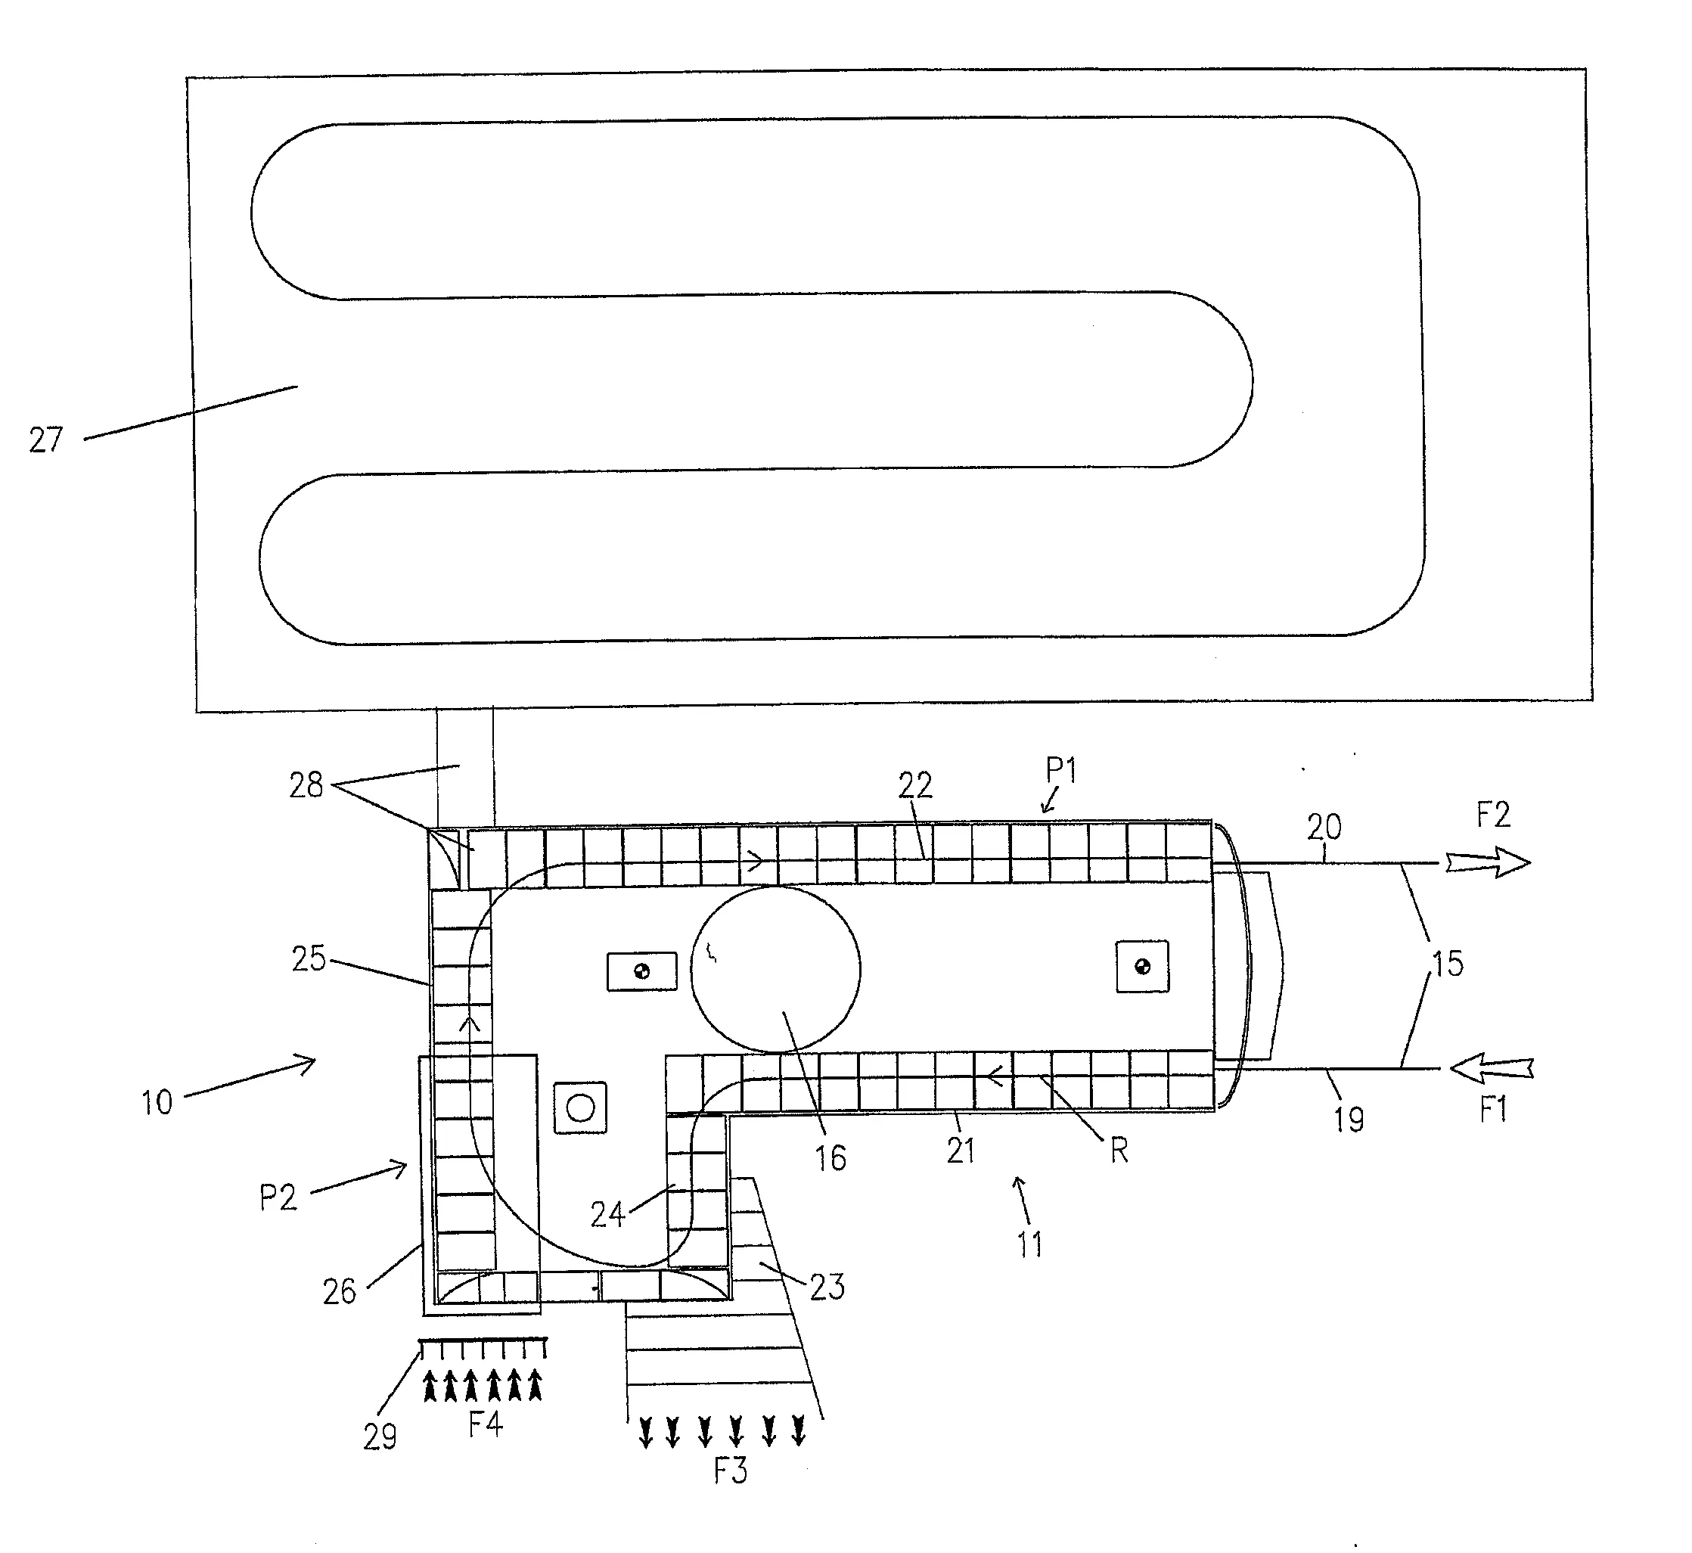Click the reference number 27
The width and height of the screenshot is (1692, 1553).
45,440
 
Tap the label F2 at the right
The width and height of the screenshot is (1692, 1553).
1493,815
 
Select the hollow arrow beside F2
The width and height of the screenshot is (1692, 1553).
1487,863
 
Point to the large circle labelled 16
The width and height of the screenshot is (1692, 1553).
775,969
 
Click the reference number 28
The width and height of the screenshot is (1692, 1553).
306,786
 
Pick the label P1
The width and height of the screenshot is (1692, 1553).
1061,770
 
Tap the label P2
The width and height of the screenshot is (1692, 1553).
278,1197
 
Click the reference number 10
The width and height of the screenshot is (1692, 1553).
157,1103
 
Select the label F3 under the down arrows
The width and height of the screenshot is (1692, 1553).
730,1471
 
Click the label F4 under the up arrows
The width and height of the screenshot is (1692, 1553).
485,1424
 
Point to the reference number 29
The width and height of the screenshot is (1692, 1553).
380,1437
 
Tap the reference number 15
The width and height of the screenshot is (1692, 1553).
1447,964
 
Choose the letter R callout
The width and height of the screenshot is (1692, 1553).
1118,1151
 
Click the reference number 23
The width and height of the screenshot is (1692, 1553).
827,1287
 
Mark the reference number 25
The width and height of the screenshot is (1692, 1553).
309,959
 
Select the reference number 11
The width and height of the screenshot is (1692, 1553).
1029,1244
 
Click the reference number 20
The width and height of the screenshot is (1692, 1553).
1324,828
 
